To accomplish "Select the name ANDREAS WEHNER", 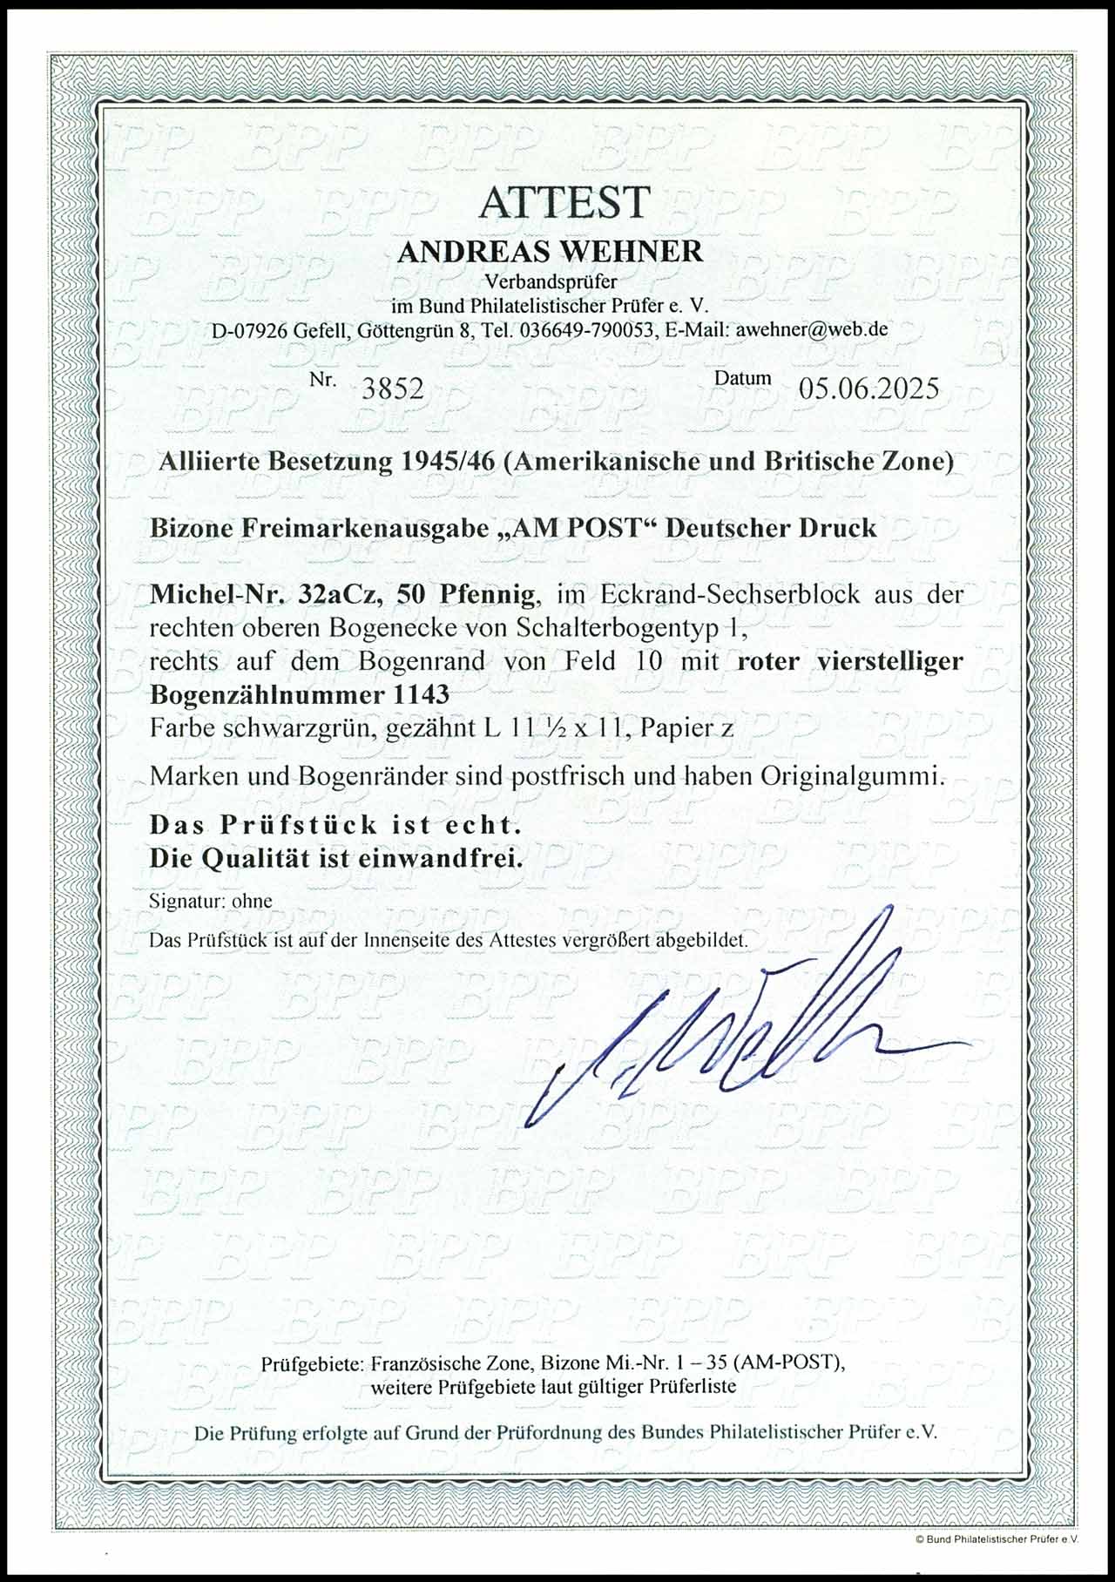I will (x=550, y=252).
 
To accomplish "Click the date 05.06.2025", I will (x=869, y=387).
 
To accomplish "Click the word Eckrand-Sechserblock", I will (x=734, y=595).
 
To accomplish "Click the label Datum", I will (x=742, y=378).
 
